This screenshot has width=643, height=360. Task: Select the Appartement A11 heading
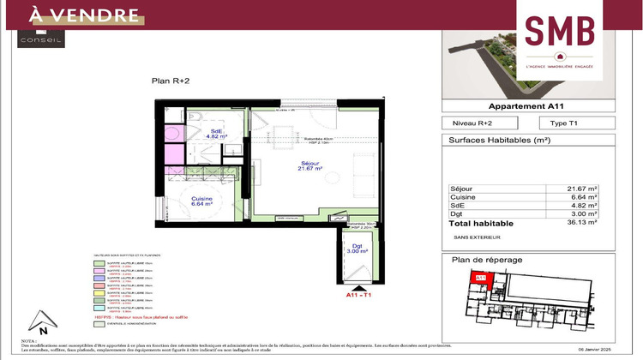pos(526,107)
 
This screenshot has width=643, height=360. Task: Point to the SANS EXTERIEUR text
pos(478,236)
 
